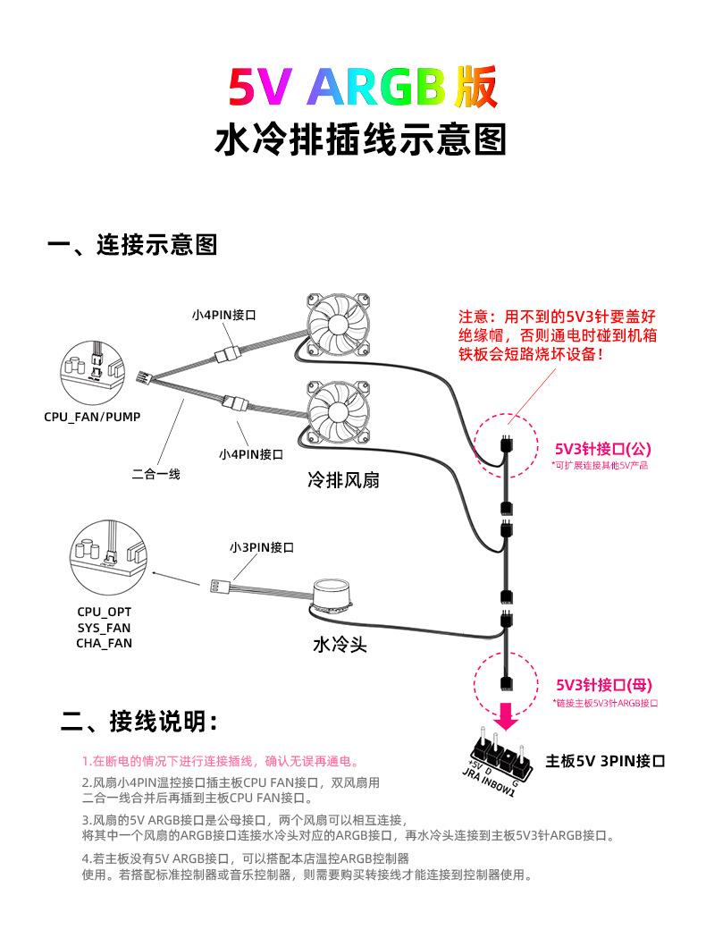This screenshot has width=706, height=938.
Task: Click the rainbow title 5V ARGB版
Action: point(362,88)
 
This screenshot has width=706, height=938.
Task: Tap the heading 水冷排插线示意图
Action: point(360,140)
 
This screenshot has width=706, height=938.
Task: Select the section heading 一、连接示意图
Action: point(132,245)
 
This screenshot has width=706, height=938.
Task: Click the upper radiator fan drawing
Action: point(339,326)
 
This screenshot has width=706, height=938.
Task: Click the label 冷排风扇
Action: point(344,480)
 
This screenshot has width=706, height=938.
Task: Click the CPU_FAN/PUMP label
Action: point(92,417)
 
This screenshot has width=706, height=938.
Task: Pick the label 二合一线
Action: point(155,474)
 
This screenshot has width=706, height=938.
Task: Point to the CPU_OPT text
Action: point(104,612)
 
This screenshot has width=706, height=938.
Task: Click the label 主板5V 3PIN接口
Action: point(605,761)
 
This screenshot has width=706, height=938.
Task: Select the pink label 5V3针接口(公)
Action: point(602,448)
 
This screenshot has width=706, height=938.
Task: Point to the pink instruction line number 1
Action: point(220,761)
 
